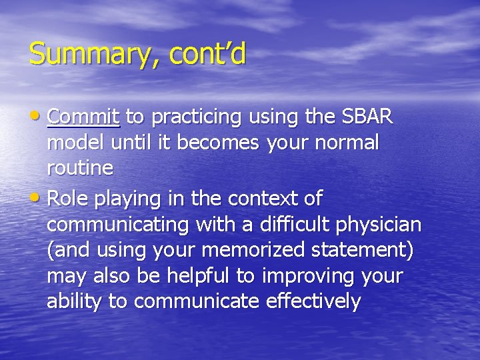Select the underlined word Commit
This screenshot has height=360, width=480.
pyautogui.click(x=83, y=117)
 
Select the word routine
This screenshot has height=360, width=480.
pyautogui.click(x=80, y=169)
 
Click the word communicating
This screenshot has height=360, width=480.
pyautogui.click(x=118, y=225)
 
